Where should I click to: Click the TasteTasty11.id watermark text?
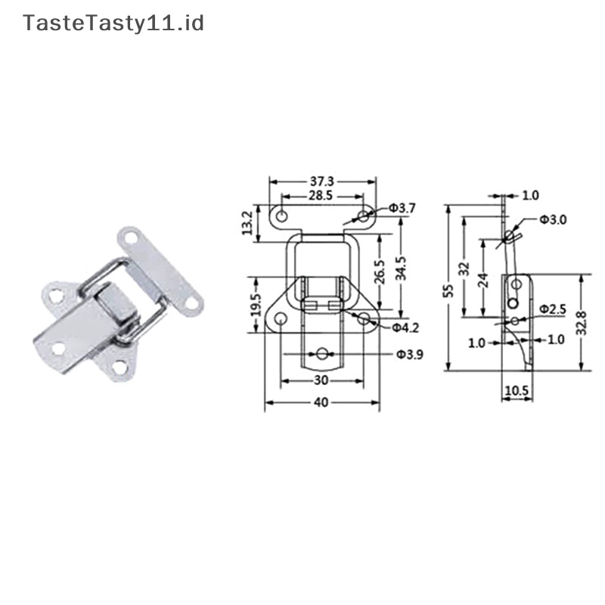tap(114, 23)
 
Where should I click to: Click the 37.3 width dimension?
tap(323, 182)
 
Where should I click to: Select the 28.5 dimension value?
tap(322, 196)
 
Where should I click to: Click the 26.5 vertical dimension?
tap(380, 271)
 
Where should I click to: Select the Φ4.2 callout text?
tap(406, 327)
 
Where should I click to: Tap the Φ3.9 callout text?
tap(409, 354)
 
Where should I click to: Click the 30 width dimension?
tap(321, 380)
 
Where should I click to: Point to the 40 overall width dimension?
tap(321, 404)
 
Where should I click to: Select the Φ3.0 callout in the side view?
tap(552, 219)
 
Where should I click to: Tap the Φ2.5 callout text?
tap(552, 309)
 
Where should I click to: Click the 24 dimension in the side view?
tap(484, 280)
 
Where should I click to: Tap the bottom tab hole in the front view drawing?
tap(322, 353)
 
